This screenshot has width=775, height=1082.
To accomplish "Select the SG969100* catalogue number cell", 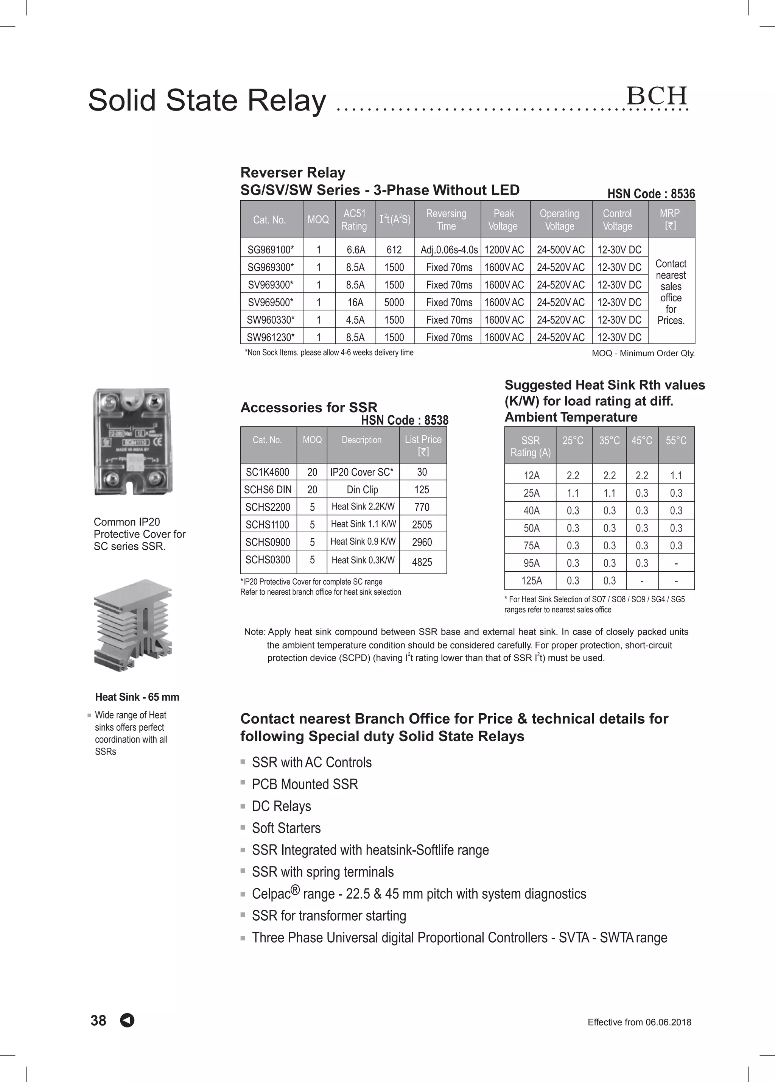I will pyautogui.click(x=271, y=249).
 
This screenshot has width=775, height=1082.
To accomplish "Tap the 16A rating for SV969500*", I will pyautogui.click(x=355, y=302).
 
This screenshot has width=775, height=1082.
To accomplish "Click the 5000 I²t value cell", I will pyautogui.click(x=394, y=302).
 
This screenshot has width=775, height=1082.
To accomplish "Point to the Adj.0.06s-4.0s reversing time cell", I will pyautogui.click(x=449, y=249).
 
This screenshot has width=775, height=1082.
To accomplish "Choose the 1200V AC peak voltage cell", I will pyautogui.click(x=504, y=249).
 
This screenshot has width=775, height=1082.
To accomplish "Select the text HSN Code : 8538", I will pyautogui.click(x=405, y=420).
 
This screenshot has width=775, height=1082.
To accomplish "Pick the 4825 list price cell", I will pyautogui.click(x=422, y=562).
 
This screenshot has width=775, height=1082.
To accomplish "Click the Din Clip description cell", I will pyautogui.click(x=363, y=490).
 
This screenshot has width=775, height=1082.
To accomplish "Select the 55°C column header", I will pyautogui.click(x=676, y=441).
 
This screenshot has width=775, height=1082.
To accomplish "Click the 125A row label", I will pyautogui.click(x=531, y=581).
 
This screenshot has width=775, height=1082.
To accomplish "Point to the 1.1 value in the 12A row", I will pyautogui.click(x=676, y=476).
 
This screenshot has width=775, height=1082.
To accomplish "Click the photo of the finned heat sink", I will pyautogui.click(x=134, y=625).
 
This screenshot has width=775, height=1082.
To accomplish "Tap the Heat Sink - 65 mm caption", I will pyautogui.click(x=137, y=697).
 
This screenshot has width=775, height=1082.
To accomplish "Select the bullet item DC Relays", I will pyautogui.click(x=282, y=806).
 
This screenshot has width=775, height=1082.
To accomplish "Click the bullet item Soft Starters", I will pyautogui.click(x=286, y=828).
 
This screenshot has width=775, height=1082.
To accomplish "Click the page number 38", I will pyautogui.click(x=98, y=1020).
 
